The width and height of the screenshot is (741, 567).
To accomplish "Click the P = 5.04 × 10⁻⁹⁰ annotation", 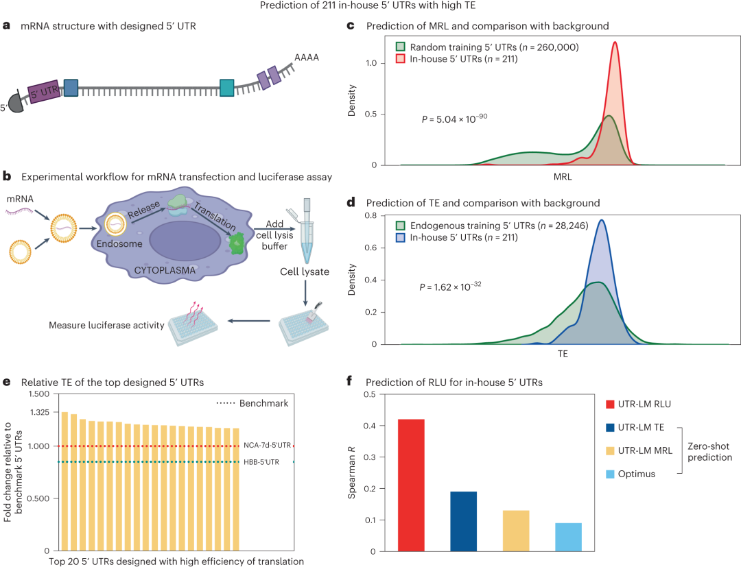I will pos(454,119).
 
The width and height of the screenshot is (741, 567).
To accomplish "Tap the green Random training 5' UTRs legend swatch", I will pos(401,47).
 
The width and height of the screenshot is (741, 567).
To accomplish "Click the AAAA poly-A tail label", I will pos(307,58).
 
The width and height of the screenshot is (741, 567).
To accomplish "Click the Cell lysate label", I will pos(304,272).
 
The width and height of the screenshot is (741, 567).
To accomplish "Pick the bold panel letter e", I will pos(6,381).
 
